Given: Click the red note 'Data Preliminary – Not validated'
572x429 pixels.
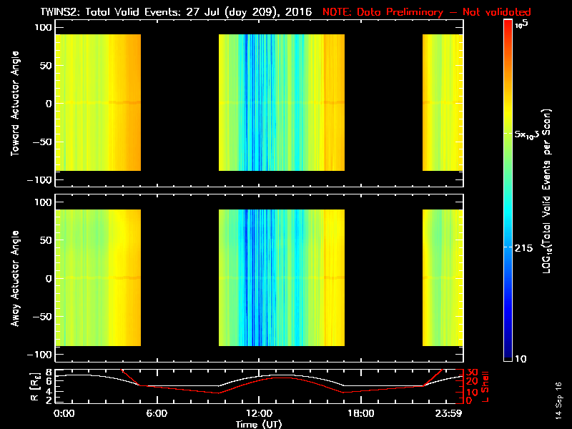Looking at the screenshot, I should tap(427, 11).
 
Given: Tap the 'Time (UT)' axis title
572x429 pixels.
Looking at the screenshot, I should tap(261, 423).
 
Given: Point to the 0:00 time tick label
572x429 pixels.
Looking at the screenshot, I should tap(64, 413).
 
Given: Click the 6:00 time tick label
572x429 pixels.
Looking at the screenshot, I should tap(162, 413).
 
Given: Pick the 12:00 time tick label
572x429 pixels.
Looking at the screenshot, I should tap(260, 413).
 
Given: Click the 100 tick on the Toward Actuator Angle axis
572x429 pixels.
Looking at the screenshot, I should tap(44, 26).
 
